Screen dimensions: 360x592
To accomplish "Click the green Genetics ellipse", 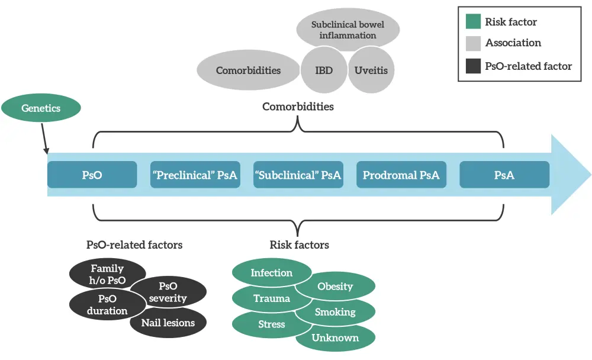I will pyautogui.click(x=40, y=108).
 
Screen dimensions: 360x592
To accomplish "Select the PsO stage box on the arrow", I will pyautogui.click(x=92, y=175).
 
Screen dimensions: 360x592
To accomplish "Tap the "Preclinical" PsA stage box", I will pyautogui.click(x=195, y=175).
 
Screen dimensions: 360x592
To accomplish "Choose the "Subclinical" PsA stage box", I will pyautogui.click(x=298, y=175).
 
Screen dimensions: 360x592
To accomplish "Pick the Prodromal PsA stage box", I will pyautogui.click(x=401, y=175).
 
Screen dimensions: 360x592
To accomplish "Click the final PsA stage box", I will pyautogui.click(x=504, y=175).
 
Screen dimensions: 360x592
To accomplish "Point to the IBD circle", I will pyautogui.click(x=324, y=70).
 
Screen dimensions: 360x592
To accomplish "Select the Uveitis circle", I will pyautogui.click(x=371, y=70).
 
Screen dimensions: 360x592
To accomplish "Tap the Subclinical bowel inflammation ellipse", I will pyautogui.click(x=348, y=30).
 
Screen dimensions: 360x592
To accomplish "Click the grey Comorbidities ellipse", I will pyautogui.click(x=248, y=70).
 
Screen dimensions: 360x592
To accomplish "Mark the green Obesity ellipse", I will pyautogui.click(x=336, y=287).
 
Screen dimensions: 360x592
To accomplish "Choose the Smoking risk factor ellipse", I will pyautogui.click(x=336, y=312).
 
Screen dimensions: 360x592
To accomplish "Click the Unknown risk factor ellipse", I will pyautogui.click(x=336, y=338).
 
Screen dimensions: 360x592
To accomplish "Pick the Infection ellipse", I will pyautogui.click(x=272, y=272).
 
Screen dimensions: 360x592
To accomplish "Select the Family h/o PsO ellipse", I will pyautogui.click(x=107, y=273).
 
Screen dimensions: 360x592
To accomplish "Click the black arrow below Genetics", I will pyautogui.click(x=44, y=141).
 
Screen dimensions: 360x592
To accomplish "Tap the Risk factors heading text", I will pyautogui.click(x=299, y=245).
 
